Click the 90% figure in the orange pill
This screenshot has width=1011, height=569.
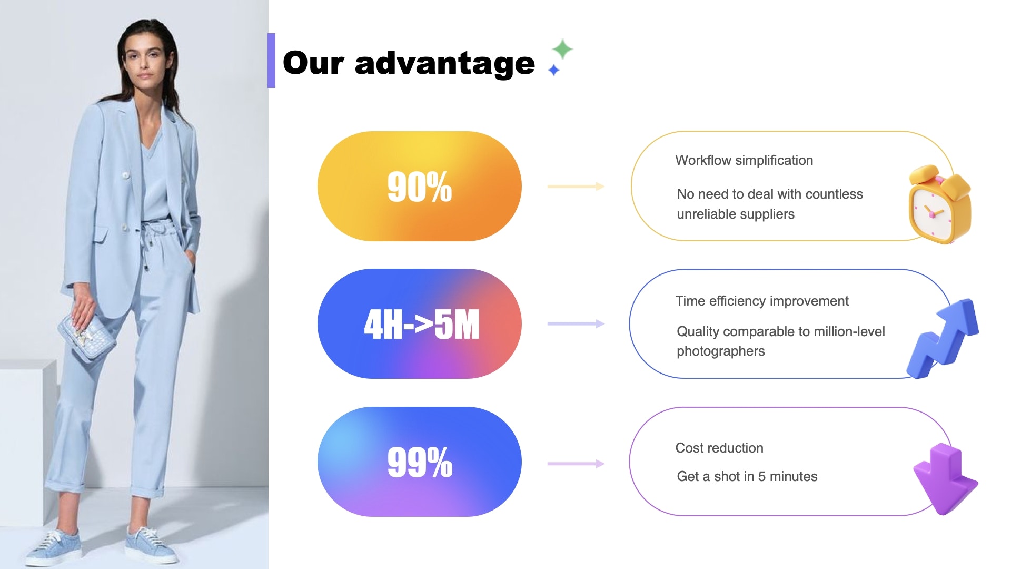pos(420,187)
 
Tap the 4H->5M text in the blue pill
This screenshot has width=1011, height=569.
pos(422,324)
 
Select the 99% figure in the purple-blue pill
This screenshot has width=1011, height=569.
pos(420,462)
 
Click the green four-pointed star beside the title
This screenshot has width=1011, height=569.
pos(562,49)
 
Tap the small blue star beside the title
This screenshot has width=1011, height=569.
pos(553,70)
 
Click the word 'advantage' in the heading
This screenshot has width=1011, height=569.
pos(445,63)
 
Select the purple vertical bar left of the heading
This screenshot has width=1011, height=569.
pos(271,61)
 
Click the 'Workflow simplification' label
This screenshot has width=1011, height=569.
pos(744,160)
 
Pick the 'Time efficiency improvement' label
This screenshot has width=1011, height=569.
pos(762,301)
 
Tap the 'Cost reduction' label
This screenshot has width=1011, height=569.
pos(719,448)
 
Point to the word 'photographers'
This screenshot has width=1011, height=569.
pos(721,351)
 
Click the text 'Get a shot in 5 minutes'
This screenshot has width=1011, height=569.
pos(747,476)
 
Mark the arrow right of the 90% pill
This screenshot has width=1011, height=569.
pos(576,186)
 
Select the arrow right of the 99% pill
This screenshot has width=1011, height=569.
pos(576,464)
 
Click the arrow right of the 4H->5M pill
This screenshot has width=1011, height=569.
pos(576,323)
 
